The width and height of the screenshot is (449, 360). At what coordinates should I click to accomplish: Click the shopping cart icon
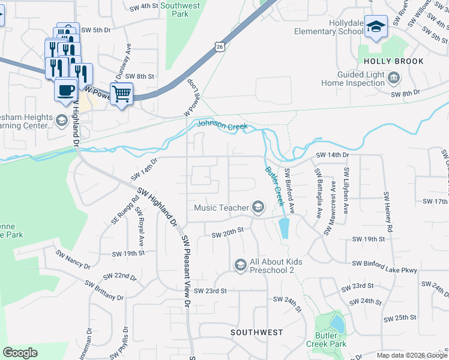coord(121,94)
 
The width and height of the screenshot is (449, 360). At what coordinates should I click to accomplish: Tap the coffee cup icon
coord(65,90)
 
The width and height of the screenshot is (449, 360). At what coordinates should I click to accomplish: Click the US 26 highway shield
coord(220,46)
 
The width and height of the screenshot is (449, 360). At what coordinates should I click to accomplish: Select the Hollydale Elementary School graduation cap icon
coord(376,26)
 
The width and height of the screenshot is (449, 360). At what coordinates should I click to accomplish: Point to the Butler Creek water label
coord(274,186)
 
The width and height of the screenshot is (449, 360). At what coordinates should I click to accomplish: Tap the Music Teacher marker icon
coord(258,208)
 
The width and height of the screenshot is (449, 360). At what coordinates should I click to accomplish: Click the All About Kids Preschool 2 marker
coord(240,265)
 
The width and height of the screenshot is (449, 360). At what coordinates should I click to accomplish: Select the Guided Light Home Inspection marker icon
coord(394,77)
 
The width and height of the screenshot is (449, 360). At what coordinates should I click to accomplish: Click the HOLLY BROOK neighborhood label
coord(391,61)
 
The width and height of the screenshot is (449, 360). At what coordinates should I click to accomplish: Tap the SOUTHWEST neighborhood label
coord(257,332)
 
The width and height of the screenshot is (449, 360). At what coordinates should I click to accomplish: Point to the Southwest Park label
coord(180,10)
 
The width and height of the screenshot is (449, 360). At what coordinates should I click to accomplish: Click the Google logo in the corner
coord(20,352)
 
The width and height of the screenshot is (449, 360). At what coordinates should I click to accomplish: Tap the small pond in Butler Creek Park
coord(337,324)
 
